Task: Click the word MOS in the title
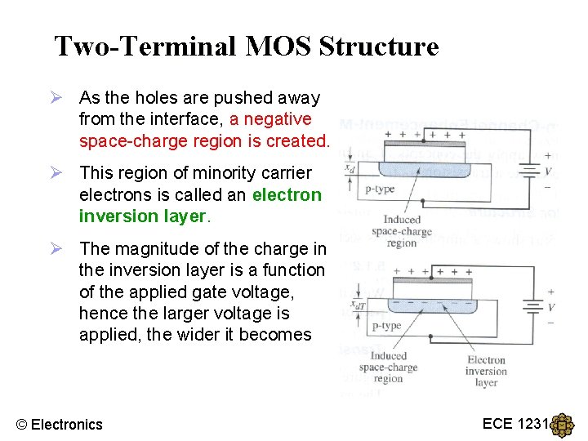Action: pos(281,47)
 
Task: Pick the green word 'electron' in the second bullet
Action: pos(287,194)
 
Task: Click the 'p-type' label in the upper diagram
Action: pos(381,189)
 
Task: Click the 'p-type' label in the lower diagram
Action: pos(386,326)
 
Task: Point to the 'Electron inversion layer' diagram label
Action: pos(486,371)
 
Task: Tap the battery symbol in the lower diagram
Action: pos(533,308)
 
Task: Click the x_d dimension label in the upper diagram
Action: pos(350,167)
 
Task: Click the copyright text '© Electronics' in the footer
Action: pos(60,424)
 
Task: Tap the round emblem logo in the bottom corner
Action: pos(563,425)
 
